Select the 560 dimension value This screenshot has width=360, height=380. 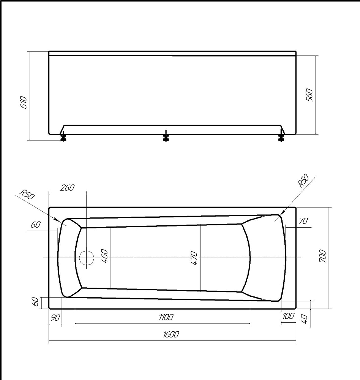(x=309, y=95)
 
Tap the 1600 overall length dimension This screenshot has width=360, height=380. (x=171, y=334)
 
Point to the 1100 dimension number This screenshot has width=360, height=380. (x=166, y=317)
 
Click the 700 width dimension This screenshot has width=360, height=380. (x=322, y=256)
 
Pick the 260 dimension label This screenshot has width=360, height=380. (x=67, y=187)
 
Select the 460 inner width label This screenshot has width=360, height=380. (x=104, y=256)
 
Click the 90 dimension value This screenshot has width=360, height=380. (x=55, y=318)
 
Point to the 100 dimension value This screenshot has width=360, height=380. (x=288, y=316)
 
